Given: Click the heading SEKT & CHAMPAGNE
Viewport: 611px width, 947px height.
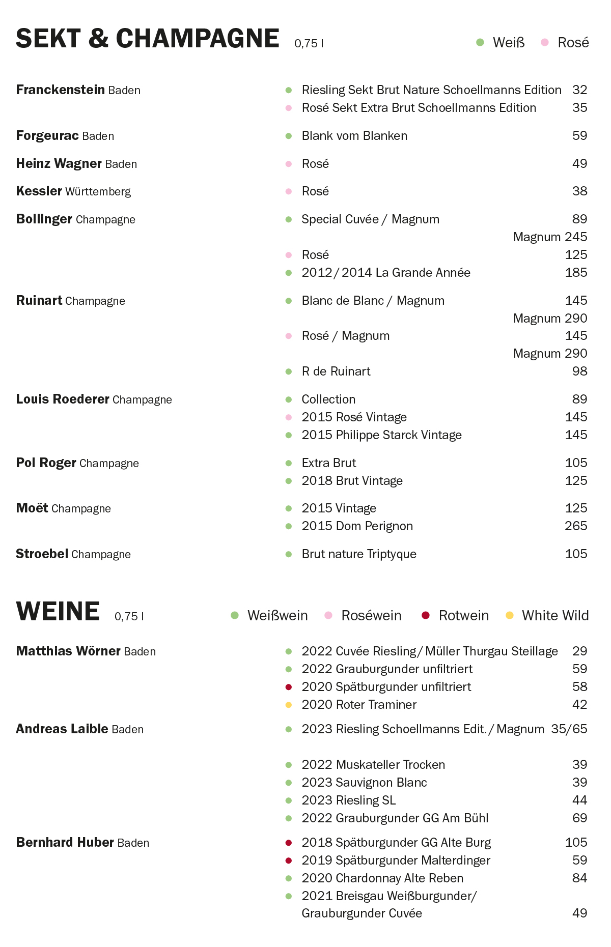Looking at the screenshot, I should [147, 39].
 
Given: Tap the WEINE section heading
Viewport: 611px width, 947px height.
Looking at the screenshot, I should [58, 611].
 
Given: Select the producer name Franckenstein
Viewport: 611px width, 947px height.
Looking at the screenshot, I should [60, 90].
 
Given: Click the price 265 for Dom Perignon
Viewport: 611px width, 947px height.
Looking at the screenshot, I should [575, 526].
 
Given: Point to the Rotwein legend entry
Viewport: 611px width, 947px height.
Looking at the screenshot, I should [463, 616].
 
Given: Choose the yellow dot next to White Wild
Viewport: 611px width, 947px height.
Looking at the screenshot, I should [509, 616].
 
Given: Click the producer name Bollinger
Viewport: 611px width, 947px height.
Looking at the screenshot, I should [44, 219].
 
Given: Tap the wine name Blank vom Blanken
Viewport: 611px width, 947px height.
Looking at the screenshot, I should [354, 136].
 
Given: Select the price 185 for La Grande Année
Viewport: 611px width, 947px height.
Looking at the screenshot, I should [575, 273].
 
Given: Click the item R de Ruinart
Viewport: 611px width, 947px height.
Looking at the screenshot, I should [336, 371].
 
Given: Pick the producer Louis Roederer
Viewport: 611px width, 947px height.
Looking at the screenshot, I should [63, 399].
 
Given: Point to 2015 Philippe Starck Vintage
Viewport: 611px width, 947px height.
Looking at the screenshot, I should [381, 435].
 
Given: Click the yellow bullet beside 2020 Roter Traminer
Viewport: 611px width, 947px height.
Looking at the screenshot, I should [289, 705].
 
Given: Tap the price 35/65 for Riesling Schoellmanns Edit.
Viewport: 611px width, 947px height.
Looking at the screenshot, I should [569, 729].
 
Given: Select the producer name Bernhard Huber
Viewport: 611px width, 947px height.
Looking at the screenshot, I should [65, 843].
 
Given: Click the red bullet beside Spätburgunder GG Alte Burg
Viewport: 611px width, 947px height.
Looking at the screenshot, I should [289, 843].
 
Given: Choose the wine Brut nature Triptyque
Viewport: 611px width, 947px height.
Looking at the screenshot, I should [359, 554].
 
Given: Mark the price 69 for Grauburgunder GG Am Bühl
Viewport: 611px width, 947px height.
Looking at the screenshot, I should [579, 818].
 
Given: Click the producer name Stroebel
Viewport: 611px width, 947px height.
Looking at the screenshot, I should [42, 554].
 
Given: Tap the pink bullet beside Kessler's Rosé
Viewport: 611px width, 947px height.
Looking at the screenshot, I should [289, 191].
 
